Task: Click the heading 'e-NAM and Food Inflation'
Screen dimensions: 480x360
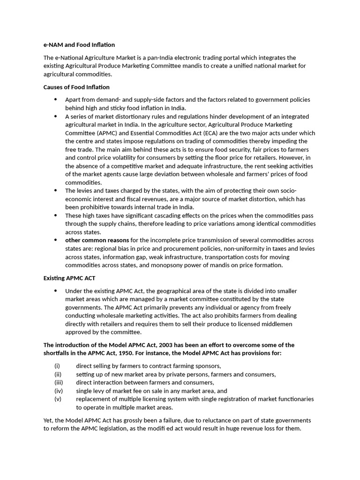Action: tap(79, 45)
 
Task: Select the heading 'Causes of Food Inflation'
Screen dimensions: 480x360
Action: tap(76, 87)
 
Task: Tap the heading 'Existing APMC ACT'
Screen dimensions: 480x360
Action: tap(69, 278)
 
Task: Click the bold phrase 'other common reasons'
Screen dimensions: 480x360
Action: tap(97, 240)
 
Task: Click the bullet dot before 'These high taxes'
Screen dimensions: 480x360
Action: tap(55, 216)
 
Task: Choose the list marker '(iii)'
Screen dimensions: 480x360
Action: tap(59, 382)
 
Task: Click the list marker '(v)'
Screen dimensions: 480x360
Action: tap(58, 399)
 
